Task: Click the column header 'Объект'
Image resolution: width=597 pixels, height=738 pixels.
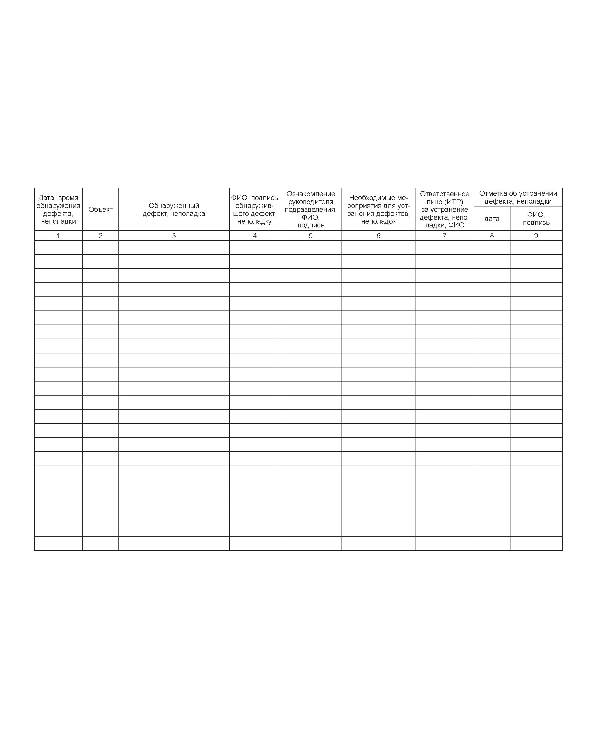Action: [100, 209]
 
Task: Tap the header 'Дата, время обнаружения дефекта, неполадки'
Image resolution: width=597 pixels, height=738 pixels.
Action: [58, 209]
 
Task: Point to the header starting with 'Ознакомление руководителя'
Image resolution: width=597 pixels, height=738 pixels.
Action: [311, 209]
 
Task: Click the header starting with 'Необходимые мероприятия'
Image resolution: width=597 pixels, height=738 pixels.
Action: [378, 209]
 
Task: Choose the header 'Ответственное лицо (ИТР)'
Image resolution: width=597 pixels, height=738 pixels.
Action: [444, 209]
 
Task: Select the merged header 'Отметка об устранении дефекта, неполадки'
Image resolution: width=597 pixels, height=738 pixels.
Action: [518, 197]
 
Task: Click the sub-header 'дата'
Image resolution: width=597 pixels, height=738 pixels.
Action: [492, 218]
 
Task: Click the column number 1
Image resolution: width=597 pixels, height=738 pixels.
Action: [58, 236]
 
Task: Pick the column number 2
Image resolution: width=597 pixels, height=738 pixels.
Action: [100, 236]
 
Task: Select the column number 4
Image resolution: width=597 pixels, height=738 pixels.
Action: [254, 236]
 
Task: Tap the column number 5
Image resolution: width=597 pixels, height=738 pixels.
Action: [311, 236]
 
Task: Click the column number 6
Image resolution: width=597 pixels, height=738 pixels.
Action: [378, 236]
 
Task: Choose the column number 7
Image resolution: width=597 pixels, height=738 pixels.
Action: [444, 236]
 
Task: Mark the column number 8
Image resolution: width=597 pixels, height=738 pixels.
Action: [492, 236]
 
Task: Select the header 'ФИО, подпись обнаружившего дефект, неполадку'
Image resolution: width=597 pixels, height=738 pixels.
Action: [254, 209]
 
